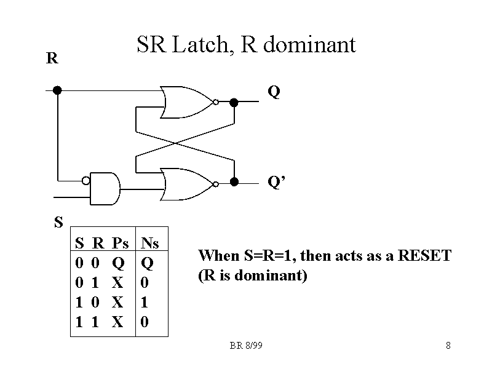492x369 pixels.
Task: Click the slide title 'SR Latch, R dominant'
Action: point(246,45)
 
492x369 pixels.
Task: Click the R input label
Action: point(52,59)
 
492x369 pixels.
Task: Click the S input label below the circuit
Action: point(58,222)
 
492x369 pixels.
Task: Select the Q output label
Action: point(274,92)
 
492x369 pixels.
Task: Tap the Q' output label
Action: point(276,182)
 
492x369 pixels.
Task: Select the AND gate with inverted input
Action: point(105,188)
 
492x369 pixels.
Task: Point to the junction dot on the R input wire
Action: point(57,90)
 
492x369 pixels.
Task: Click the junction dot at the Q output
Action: point(234,102)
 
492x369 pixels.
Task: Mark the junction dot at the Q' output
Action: point(234,181)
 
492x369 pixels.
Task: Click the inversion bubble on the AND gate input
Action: point(87,180)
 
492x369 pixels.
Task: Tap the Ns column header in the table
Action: point(150,243)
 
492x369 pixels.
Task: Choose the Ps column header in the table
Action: point(120,243)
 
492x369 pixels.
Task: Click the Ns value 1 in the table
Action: point(145,302)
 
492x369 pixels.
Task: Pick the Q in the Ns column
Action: point(146,263)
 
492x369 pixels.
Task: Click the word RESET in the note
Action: point(425,255)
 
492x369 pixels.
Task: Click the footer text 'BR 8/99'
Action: point(246,346)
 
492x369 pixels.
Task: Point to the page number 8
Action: point(448,346)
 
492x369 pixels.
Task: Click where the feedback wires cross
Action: point(177,143)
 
